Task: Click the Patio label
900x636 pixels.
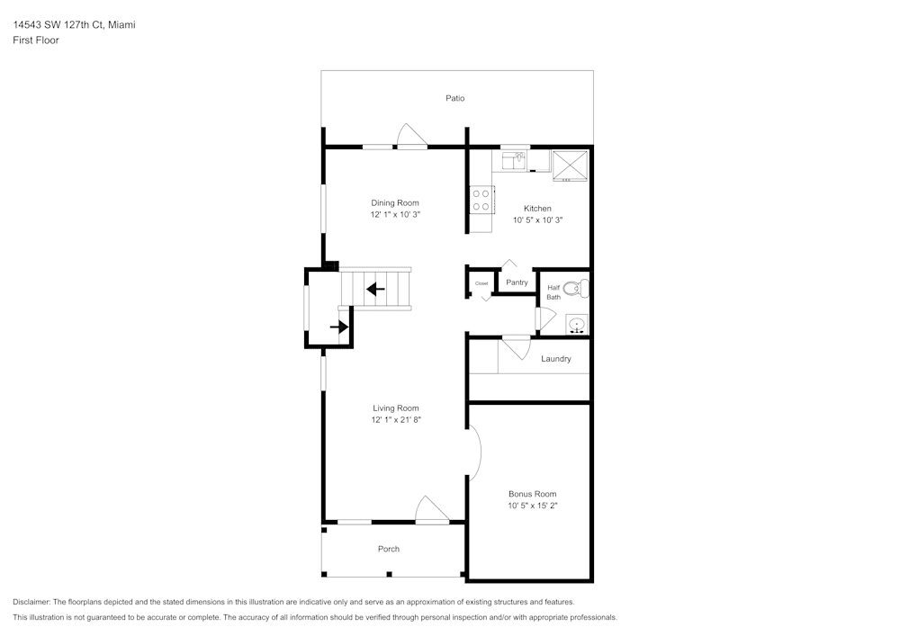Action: [455, 98]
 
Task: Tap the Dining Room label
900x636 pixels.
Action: [395, 203]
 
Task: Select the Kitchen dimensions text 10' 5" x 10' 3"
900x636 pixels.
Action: [537, 220]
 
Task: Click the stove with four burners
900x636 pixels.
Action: [481, 200]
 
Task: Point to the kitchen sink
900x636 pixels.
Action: [515, 160]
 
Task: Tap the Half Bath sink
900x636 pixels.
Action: [577, 324]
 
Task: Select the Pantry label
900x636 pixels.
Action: [517, 282]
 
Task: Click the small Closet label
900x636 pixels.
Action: [481, 283]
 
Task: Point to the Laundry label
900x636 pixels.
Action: [556, 359]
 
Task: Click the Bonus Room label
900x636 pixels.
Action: [532, 494]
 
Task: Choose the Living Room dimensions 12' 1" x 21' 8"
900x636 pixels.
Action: [395, 420]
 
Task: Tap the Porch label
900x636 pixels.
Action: [389, 549]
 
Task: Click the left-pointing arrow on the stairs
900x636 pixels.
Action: [375, 289]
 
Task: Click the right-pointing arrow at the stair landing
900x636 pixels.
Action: [338, 327]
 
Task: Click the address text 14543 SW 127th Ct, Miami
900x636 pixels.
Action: [74, 25]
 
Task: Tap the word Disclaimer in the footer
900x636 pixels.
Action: [31, 602]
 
